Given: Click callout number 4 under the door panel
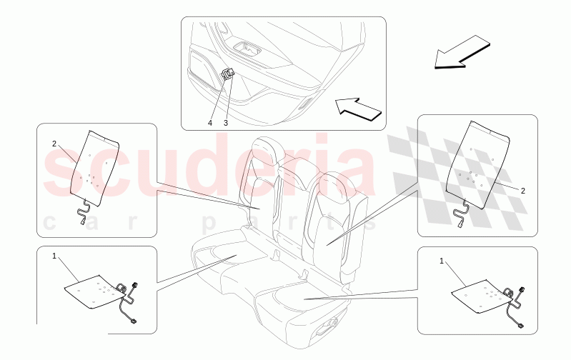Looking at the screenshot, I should point(210,123).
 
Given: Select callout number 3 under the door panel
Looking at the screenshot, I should point(225,123).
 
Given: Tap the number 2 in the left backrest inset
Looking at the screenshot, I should point(54,144).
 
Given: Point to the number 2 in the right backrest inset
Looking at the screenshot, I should point(522,191).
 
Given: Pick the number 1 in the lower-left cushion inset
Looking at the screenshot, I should point(54,255).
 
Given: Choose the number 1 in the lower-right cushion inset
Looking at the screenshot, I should point(442,261).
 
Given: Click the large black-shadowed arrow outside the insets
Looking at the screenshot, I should point(462,56).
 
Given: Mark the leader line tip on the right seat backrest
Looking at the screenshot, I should point(327,244).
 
